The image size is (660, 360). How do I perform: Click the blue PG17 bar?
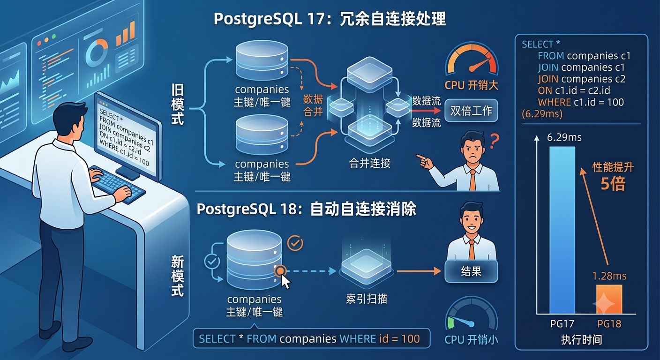562,230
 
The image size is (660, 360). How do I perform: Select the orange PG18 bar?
609,299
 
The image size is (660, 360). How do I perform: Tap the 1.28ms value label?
609,276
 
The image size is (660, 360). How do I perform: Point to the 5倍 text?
613,184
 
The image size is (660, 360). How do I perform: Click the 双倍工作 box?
471,111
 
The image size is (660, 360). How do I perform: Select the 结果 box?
471,271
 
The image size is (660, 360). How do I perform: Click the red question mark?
494,141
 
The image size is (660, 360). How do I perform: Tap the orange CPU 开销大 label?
471,85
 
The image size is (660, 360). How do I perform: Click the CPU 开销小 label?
471,340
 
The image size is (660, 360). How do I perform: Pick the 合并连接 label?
370,163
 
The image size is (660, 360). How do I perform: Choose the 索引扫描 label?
366,299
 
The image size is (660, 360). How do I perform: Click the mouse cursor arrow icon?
285,282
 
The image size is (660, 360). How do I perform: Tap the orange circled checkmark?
295,243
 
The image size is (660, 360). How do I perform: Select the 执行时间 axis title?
581,340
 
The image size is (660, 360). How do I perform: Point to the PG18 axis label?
609,324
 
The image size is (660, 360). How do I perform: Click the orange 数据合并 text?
313,105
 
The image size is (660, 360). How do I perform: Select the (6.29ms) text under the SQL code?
542,114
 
